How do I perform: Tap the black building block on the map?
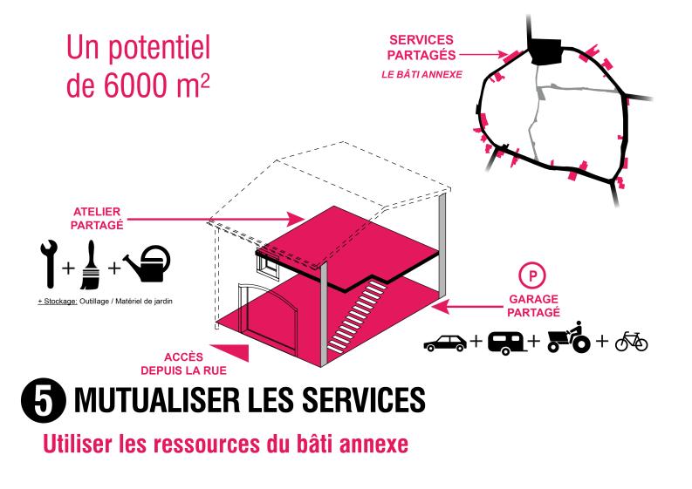(547, 51)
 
